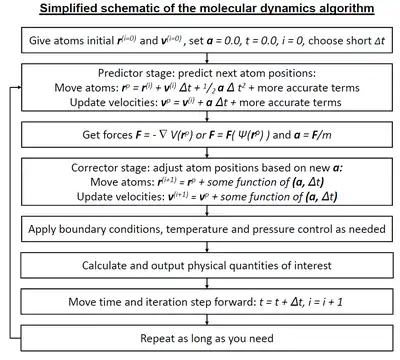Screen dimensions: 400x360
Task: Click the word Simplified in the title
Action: (68, 8)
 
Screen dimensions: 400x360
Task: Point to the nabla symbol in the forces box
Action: (163, 134)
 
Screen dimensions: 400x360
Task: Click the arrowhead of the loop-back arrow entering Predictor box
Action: (20, 87)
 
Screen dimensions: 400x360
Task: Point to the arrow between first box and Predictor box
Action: (207, 58)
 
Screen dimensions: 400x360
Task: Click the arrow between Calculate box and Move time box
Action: (207, 283)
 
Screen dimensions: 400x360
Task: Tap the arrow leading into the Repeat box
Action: (207, 320)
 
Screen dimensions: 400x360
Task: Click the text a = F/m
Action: (313, 135)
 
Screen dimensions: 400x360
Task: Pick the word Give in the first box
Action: (40, 41)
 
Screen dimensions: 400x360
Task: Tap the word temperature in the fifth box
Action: (195, 229)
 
